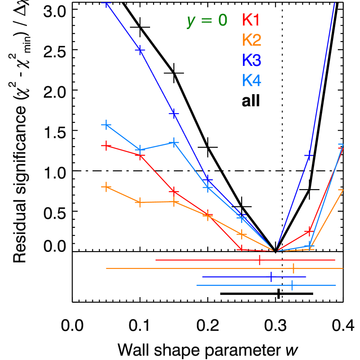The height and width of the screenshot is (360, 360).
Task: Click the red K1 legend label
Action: (251, 20)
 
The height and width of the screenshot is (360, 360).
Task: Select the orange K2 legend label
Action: (252, 40)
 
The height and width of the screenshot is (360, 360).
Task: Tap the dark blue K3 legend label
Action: (252, 60)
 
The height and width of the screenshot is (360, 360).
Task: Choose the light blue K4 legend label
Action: (252, 80)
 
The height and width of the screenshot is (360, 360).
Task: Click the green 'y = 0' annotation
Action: (207, 20)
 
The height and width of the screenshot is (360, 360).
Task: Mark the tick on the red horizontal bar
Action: (259, 260)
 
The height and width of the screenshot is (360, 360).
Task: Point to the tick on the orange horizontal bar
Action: (293, 268)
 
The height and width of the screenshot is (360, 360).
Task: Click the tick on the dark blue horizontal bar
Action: (271, 277)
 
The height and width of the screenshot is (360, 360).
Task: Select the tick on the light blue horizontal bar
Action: (292, 285)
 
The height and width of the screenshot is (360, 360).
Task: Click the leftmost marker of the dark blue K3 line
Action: (106, 3)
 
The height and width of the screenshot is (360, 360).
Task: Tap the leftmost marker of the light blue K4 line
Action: (106, 125)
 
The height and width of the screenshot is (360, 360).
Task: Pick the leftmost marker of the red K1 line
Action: (106, 145)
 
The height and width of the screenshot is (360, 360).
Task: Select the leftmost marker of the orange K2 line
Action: (106, 187)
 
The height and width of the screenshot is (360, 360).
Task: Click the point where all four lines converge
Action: (275, 251)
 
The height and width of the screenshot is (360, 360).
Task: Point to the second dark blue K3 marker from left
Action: (140, 50)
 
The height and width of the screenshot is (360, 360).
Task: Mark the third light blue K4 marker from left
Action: (173, 142)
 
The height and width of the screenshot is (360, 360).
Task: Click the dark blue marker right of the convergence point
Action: (309, 155)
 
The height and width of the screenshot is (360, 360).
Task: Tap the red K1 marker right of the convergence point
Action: (309, 230)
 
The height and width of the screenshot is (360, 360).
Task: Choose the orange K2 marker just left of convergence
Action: (241, 234)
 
